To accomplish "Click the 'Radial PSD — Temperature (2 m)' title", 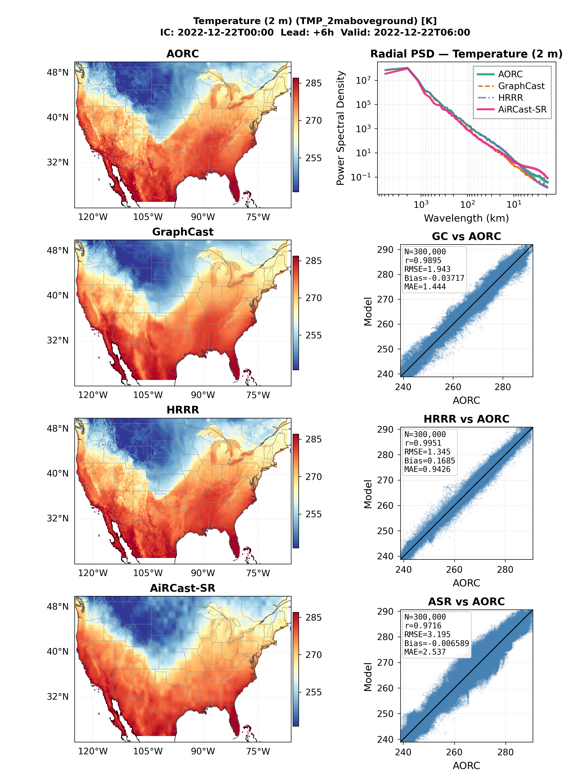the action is pos(466,54).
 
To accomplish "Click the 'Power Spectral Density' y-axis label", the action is pos(341,128).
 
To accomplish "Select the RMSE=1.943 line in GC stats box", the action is pos(427,269).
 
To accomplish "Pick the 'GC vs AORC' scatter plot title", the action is pos(466,236).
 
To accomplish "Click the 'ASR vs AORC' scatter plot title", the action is pos(466,602).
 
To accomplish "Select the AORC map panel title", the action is pos(183,54).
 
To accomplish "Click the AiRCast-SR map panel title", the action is pos(183,588).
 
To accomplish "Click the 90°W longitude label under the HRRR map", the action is pos(203,573).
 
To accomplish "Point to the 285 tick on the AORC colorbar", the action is pos(314,83).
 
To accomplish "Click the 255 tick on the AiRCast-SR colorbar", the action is pos(314,692).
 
